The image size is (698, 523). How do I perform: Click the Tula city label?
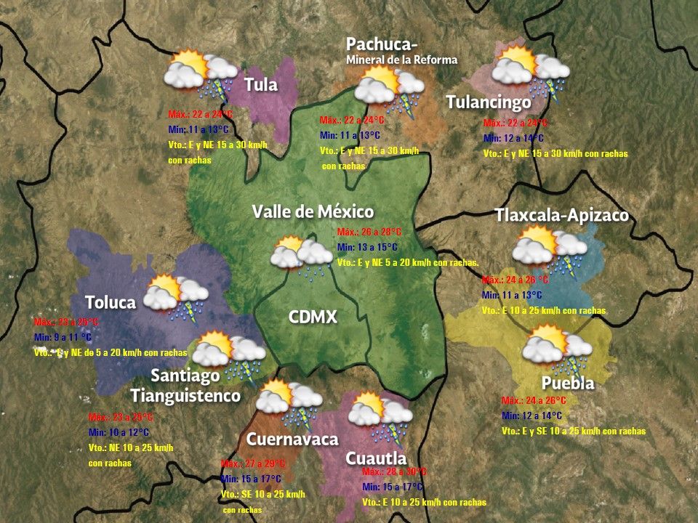pyautogui.click(x=261, y=85)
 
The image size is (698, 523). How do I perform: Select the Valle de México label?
pyautogui.click(x=313, y=212)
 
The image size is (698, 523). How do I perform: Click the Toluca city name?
pyautogui.click(x=111, y=302)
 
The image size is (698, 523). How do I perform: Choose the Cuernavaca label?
pyautogui.click(x=292, y=439)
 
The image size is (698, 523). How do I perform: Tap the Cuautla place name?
pyautogui.click(x=375, y=458)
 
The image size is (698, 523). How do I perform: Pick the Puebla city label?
pyautogui.click(x=568, y=383)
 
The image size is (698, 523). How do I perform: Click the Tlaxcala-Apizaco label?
pyautogui.click(x=561, y=216)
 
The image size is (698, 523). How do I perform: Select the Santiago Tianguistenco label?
pyautogui.click(x=186, y=386)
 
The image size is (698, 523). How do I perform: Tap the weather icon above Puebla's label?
pyautogui.click(x=557, y=347)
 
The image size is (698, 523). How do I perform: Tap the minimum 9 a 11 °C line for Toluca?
pyautogui.click(x=63, y=338)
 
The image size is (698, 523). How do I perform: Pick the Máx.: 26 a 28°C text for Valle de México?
pyautogui.click(x=369, y=232)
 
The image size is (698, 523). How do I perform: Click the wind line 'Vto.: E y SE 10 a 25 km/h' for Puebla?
pyautogui.click(x=574, y=431)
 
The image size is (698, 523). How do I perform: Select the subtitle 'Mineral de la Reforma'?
pyautogui.click(x=401, y=60)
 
